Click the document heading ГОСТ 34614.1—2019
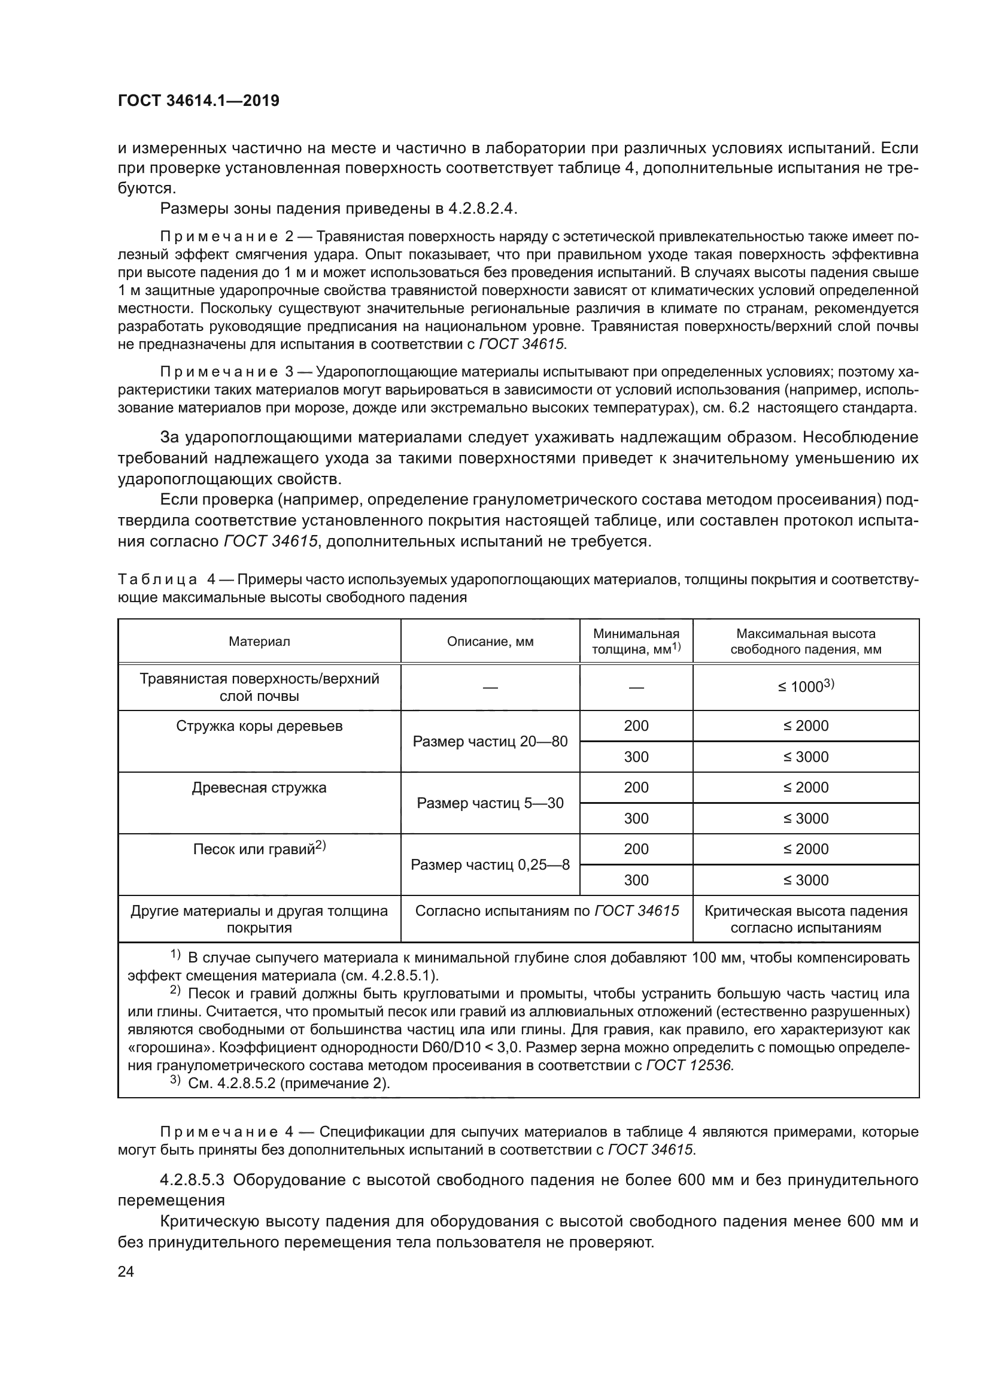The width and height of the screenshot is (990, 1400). pyautogui.click(x=198, y=101)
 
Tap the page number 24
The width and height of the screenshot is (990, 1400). pyautogui.click(x=126, y=1271)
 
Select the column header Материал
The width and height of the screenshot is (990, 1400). pyautogui.click(x=259, y=642)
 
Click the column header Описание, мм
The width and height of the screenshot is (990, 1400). pyautogui.click(x=490, y=642)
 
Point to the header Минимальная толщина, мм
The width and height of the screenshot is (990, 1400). pyautogui.click(x=636, y=642)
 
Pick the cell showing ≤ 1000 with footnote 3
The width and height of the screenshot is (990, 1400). pyautogui.click(x=805, y=687)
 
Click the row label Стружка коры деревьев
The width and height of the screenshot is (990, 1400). pyautogui.click(x=259, y=726)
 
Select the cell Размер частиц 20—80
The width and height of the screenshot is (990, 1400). pyautogui.click(x=490, y=742)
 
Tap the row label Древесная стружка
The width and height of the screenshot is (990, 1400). pyautogui.click(x=259, y=788)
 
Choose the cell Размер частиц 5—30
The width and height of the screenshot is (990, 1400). pyautogui.click(x=490, y=803)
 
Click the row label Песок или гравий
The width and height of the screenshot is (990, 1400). pyautogui.click(x=259, y=849)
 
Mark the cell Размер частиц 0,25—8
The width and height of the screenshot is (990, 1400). pyautogui.click(x=490, y=865)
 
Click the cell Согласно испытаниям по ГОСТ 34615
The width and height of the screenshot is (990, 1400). pyautogui.click(x=547, y=911)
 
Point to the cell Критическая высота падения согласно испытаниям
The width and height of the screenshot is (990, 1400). pyautogui.click(x=805, y=919)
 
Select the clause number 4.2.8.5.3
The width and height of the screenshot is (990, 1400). pyautogui.click(x=192, y=1180)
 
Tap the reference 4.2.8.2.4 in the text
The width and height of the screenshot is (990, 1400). pyautogui.click(x=482, y=208)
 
